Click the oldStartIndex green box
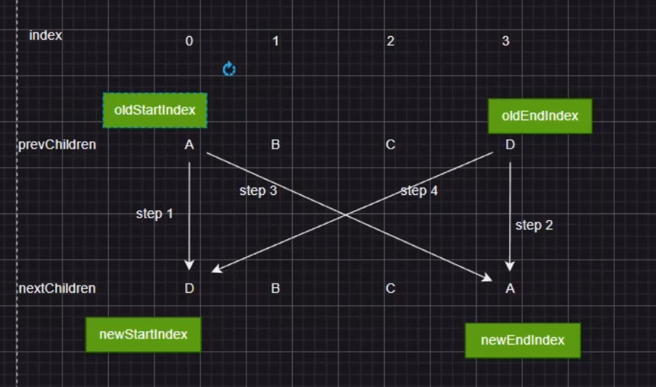(x=154, y=110)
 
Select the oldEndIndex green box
(x=540, y=116)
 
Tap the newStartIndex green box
(x=143, y=335)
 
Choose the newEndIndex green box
(x=523, y=340)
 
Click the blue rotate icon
(x=229, y=70)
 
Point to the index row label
(x=46, y=35)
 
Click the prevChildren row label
(x=57, y=145)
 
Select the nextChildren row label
(x=57, y=288)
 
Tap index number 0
(x=189, y=41)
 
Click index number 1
(x=276, y=41)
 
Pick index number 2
(x=391, y=41)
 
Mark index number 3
(x=505, y=41)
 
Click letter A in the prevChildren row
(x=189, y=145)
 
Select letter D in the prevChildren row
(x=510, y=145)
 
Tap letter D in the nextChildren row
(x=189, y=288)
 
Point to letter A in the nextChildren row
(x=510, y=288)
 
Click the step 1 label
(x=154, y=214)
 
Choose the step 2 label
(x=534, y=225)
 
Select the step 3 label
(x=258, y=191)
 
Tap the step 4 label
(x=419, y=191)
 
